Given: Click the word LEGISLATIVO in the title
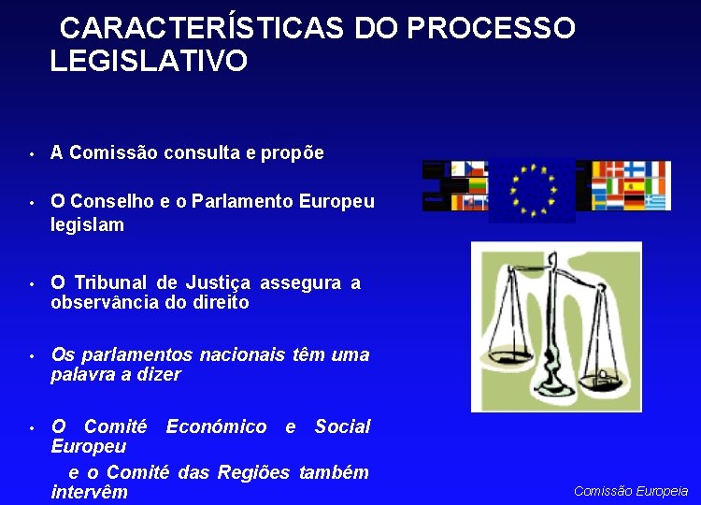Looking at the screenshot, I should point(149,62).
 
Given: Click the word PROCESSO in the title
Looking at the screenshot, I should point(491,28).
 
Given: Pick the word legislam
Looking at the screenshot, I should point(87,225).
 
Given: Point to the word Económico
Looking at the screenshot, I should point(216,426).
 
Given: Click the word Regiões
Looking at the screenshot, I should point(255,472).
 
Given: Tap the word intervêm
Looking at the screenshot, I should point(89,493).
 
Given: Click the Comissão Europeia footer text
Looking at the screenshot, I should point(631,491).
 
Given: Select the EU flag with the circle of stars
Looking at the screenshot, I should point(532,190).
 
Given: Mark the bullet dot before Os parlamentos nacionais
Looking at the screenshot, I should point(31,355).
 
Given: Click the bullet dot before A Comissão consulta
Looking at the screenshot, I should point(31,153).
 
